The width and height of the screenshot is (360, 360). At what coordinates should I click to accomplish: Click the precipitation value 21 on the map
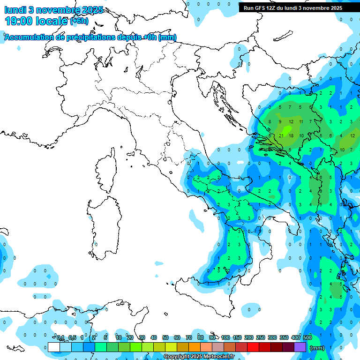click(x=281, y=135)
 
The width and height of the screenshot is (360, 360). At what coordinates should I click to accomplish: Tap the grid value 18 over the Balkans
click(x=291, y=135)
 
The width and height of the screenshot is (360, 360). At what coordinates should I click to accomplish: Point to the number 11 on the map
click(x=301, y=122)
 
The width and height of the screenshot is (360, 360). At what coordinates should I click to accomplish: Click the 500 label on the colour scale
click(x=307, y=337)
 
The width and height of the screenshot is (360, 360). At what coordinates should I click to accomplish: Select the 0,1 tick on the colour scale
click(x=60, y=337)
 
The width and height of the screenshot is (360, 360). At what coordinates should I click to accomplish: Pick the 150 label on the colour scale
click(x=237, y=337)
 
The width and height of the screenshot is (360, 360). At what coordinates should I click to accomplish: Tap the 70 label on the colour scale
click(x=189, y=337)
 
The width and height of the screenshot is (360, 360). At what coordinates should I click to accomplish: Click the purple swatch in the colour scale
click(x=300, y=347)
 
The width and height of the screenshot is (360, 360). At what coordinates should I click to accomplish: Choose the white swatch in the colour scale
click(x=54, y=347)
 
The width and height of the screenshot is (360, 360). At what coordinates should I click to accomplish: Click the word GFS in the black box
click(x=261, y=8)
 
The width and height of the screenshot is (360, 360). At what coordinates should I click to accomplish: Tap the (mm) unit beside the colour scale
click(x=317, y=348)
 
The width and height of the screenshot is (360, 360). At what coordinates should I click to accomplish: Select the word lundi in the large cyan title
click(x=17, y=10)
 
